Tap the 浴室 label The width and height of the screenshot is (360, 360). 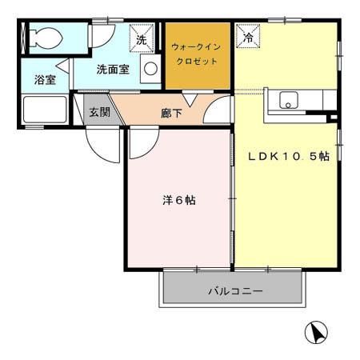(45, 79)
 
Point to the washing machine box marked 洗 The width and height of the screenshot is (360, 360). (142, 38)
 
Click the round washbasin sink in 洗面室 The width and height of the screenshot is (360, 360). (150, 70)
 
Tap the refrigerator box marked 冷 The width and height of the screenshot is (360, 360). (248, 38)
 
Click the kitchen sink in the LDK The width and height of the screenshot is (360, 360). (287, 102)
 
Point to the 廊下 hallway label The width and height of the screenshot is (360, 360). (171, 114)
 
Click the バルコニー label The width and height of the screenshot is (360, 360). (235, 291)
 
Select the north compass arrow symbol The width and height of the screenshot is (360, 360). (317, 332)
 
